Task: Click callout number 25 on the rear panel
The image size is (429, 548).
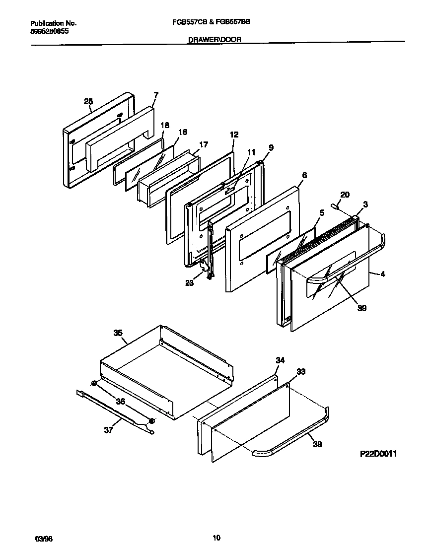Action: [88, 102]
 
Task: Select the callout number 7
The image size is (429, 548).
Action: [156, 94]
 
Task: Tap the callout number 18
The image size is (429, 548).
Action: [165, 125]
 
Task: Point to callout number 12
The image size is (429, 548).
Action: [234, 135]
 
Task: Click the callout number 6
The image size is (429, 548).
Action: [304, 175]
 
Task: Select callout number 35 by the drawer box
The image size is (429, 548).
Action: [118, 333]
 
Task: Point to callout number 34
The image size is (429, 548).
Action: [280, 360]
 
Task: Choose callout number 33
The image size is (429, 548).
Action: [301, 371]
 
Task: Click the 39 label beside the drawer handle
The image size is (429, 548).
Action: [317, 444]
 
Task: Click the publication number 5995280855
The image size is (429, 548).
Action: [50, 31]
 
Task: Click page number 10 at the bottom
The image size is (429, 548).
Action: [216, 538]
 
